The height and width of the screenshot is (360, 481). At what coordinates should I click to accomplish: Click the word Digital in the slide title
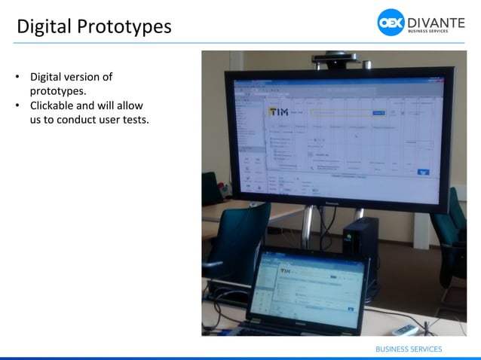click(43, 26)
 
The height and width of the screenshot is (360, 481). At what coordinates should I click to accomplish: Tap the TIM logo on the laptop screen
click(286, 270)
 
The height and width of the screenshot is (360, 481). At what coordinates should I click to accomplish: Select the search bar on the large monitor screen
click(344, 112)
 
